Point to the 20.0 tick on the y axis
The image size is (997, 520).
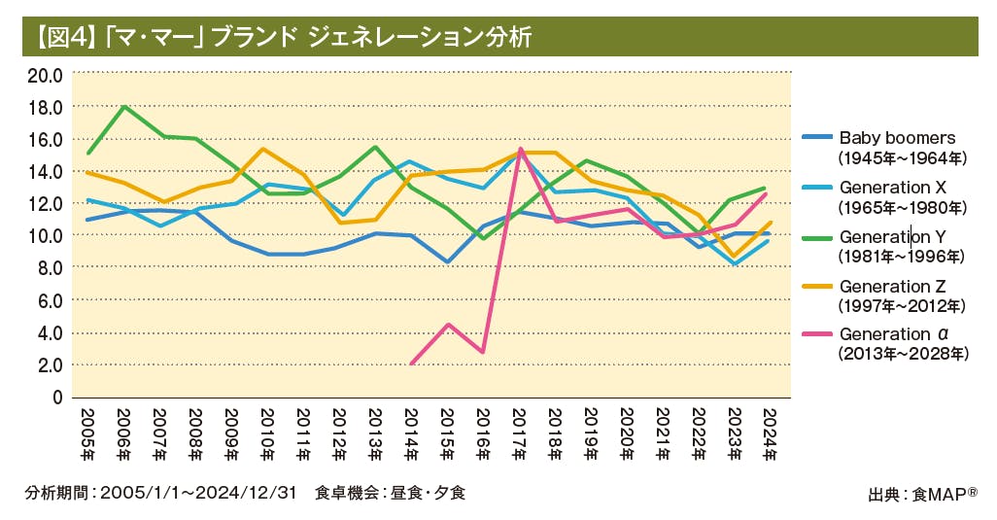(45, 75)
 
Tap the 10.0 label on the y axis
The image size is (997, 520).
(45, 235)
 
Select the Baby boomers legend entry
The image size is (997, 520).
(898, 138)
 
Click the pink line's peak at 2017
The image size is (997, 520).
(521, 149)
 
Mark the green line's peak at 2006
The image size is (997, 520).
(124, 107)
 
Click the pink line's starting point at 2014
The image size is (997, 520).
(411, 364)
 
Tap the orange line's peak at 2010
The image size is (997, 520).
(267, 149)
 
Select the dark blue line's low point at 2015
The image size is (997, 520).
(447, 262)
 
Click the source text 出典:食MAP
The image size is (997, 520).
(921, 494)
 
